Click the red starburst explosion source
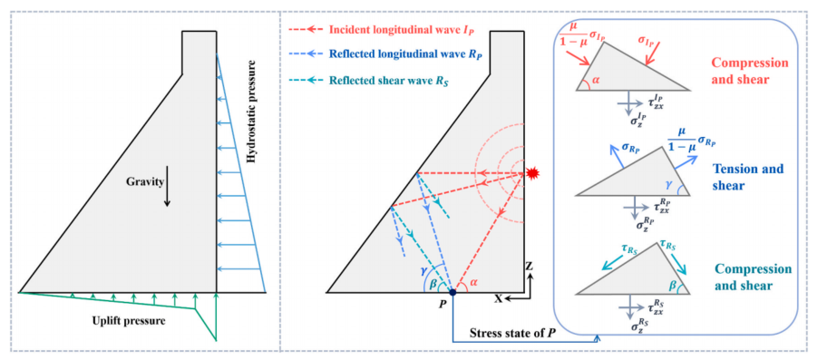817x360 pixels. pos(531,172)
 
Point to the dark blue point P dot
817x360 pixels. pos(452,293)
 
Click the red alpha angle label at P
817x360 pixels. pos(473,282)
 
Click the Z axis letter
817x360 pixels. pos(530,266)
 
